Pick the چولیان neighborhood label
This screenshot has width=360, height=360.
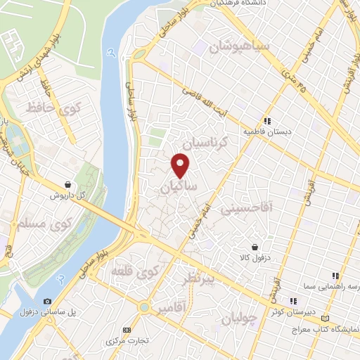[236, 319]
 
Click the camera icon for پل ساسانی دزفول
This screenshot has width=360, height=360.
[47, 301]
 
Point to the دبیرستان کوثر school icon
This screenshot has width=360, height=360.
[274, 300]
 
